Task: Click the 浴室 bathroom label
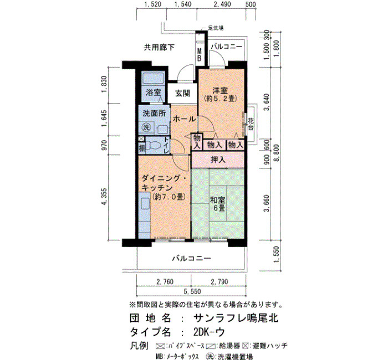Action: coord(154,92)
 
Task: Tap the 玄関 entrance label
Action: coord(182,93)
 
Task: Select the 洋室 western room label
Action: coord(220,90)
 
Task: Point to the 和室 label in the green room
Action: coord(217,200)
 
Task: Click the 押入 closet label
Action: coord(218,160)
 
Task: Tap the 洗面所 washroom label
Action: coord(155,113)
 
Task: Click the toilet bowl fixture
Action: coord(154,145)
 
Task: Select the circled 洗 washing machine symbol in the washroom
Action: coord(146,127)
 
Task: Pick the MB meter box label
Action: coord(199,55)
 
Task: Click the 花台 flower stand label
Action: coord(251,124)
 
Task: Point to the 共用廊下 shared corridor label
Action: coord(159,47)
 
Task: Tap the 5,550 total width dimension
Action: coord(192,291)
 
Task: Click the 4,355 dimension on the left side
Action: coord(104,197)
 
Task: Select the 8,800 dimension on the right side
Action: coord(277,153)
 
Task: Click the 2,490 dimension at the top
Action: coord(222,4)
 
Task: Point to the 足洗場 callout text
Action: coord(216,28)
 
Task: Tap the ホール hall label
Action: coord(184,119)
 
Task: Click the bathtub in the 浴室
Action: coord(154,78)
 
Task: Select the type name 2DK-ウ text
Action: coord(209,332)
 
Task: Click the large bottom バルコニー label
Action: coord(192,259)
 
